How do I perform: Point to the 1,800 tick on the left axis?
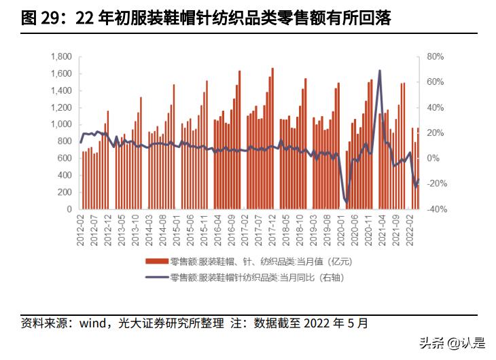(x=61, y=56)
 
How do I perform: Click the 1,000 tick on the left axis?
(x=61, y=125)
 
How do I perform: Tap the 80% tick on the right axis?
(x=436, y=56)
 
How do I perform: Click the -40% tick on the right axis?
(x=436, y=210)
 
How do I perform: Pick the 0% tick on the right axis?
(x=433, y=159)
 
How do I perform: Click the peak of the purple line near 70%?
(x=379, y=71)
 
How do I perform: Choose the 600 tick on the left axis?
(x=64, y=159)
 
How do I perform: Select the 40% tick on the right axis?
(x=436, y=107)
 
